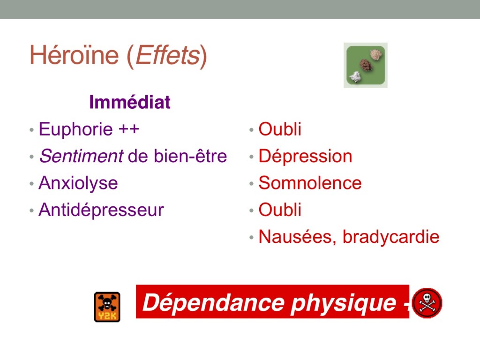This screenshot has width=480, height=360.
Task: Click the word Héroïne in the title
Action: click(x=74, y=55)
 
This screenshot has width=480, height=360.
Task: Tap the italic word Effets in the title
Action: click(x=168, y=55)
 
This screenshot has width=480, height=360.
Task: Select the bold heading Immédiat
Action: click(x=129, y=102)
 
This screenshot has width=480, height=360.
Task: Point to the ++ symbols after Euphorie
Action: click(x=129, y=129)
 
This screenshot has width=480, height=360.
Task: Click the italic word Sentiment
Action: click(x=82, y=156)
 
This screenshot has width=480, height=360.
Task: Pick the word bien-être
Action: click(x=190, y=156)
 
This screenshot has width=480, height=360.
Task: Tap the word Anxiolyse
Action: click(x=78, y=184)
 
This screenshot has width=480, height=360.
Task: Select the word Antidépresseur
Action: click(x=101, y=210)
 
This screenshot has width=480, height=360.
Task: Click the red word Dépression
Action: click(x=305, y=157)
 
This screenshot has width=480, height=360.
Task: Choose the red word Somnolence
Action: click(x=310, y=183)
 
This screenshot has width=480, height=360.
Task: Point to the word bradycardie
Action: click(x=391, y=237)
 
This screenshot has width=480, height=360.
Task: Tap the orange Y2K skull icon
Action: click(x=107, y=307)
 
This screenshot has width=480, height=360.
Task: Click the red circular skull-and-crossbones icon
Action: click(x=427, y=303)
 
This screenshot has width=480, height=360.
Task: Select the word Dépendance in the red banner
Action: click(x=214, y=302)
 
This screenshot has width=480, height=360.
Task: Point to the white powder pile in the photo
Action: click(x=356, y=76)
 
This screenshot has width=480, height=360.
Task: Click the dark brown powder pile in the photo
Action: click(x=365, y=65)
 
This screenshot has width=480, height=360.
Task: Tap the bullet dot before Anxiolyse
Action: click(x=31, y=184)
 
